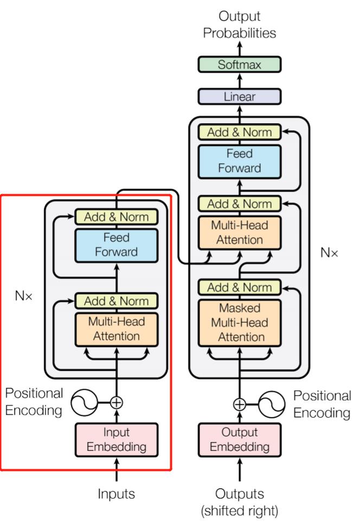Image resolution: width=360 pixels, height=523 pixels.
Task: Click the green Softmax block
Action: coord(239,65)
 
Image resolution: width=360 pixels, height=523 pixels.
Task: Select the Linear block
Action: coord(239,97)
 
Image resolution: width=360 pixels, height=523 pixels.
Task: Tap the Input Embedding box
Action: coord(117,439)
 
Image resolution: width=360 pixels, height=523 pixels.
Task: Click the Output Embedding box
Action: coord(239,439)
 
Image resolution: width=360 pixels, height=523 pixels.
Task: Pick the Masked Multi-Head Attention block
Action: coord(239,322)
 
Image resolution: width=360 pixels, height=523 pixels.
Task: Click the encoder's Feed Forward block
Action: coord(117,245)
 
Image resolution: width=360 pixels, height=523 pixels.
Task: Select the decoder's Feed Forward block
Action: coord(239,161)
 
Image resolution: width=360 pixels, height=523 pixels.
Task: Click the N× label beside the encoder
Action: coord(25,298)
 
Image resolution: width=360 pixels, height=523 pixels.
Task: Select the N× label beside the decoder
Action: coord(329,253)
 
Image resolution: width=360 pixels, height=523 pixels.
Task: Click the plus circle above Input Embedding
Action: coord(117,403)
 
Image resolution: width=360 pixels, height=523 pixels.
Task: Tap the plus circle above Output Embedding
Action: coord(239,404)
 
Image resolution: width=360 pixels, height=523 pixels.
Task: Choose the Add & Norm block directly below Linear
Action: coord(239,132)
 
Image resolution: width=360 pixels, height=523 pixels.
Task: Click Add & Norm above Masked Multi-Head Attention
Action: coord(239,287)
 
